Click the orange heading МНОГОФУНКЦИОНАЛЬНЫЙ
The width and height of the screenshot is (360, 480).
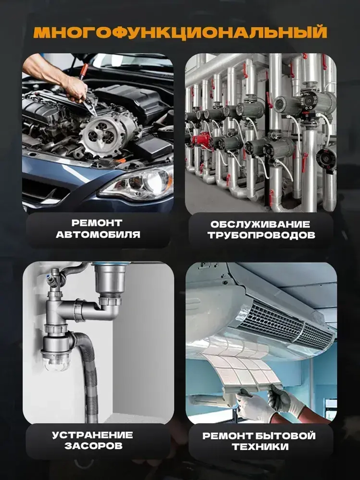pos(180,32)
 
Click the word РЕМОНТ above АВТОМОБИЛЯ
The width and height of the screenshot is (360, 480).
pos(97,223)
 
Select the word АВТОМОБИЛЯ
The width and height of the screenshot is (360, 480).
pos(98,235)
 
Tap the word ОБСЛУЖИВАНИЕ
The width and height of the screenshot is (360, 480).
pos(260,224)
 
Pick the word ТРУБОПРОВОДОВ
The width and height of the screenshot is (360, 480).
pos(261,235)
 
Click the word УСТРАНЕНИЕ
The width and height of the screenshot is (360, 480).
pos(93,435)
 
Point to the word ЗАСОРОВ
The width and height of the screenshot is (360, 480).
pos(94,446)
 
